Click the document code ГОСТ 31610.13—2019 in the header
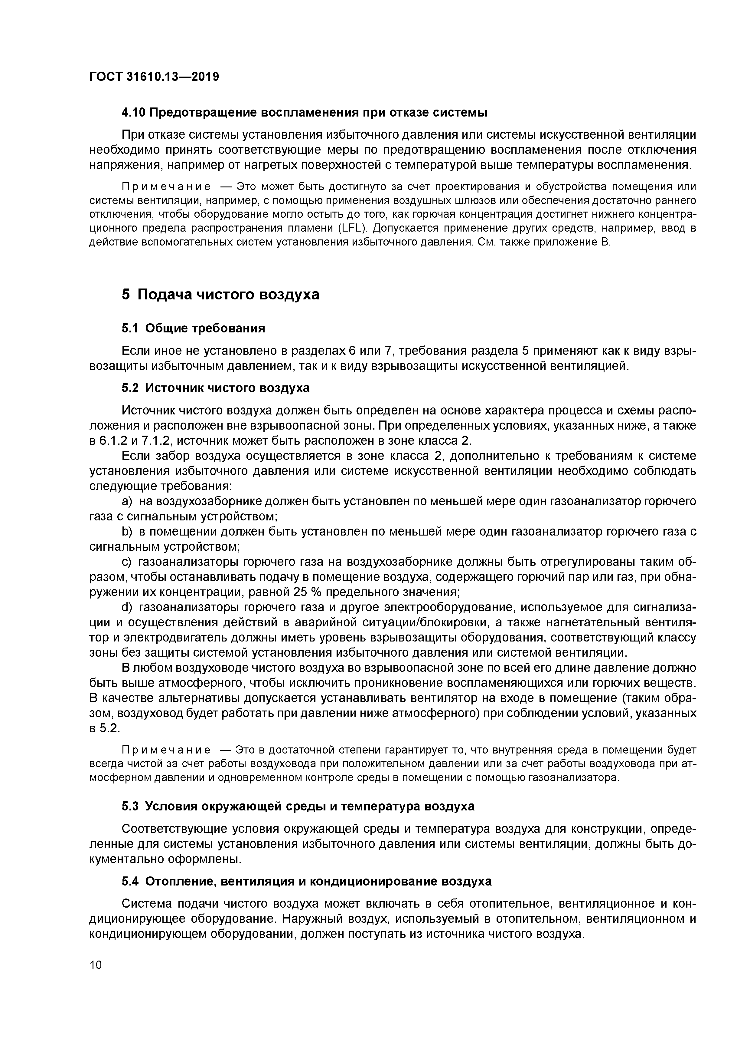pos(154,77)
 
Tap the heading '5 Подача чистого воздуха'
pos(220,294)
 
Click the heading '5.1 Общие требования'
pos(193,328)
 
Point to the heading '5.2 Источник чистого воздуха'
pos(215,388)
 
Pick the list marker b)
pos(127,532)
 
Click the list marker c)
pos(127,562)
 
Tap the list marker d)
pos(127,607)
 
